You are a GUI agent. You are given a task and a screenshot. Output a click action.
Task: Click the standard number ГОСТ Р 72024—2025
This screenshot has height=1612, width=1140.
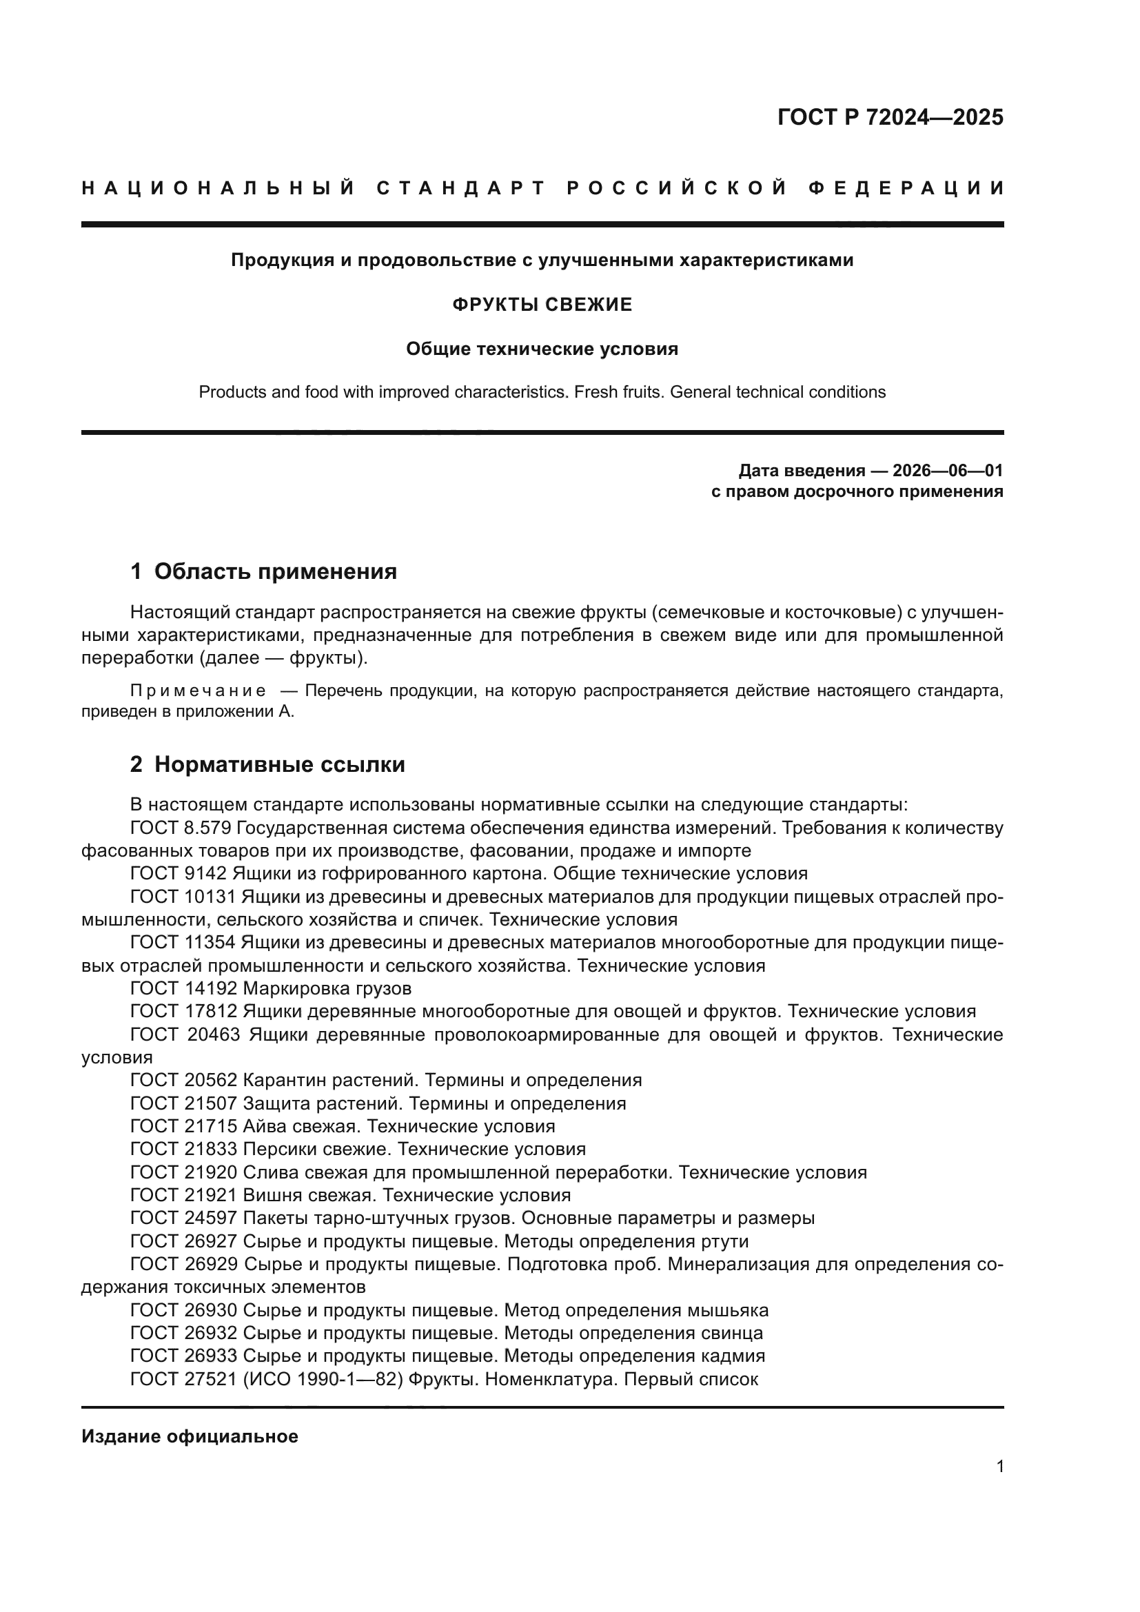(x=890, y=117)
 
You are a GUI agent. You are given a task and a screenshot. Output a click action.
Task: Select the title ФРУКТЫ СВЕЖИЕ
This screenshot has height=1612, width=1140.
(x=542, y=305)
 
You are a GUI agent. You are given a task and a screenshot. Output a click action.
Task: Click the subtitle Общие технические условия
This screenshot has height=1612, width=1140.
(x=542, y=349)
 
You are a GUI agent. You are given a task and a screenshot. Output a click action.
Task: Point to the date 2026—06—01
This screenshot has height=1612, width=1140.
(x=948, y=471)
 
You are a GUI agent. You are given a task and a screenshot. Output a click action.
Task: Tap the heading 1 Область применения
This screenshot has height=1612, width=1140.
(x=263, y=571)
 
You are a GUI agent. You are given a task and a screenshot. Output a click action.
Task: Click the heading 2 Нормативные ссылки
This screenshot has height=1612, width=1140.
(x=267, y=764)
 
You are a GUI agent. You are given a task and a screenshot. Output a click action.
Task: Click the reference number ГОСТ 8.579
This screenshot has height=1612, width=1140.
(x=181, y=828)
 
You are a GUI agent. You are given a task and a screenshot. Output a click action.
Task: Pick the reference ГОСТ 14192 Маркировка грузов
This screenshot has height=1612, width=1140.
(x=270, y=988)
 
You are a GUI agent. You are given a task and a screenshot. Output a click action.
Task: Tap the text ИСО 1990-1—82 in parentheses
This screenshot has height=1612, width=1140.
(x=323, y=1379)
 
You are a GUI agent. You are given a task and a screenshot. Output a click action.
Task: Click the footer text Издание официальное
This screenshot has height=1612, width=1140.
(x=190, y=1436)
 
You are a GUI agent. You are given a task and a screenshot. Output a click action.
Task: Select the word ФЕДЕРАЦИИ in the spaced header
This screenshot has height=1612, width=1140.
(x=906, y=188)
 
